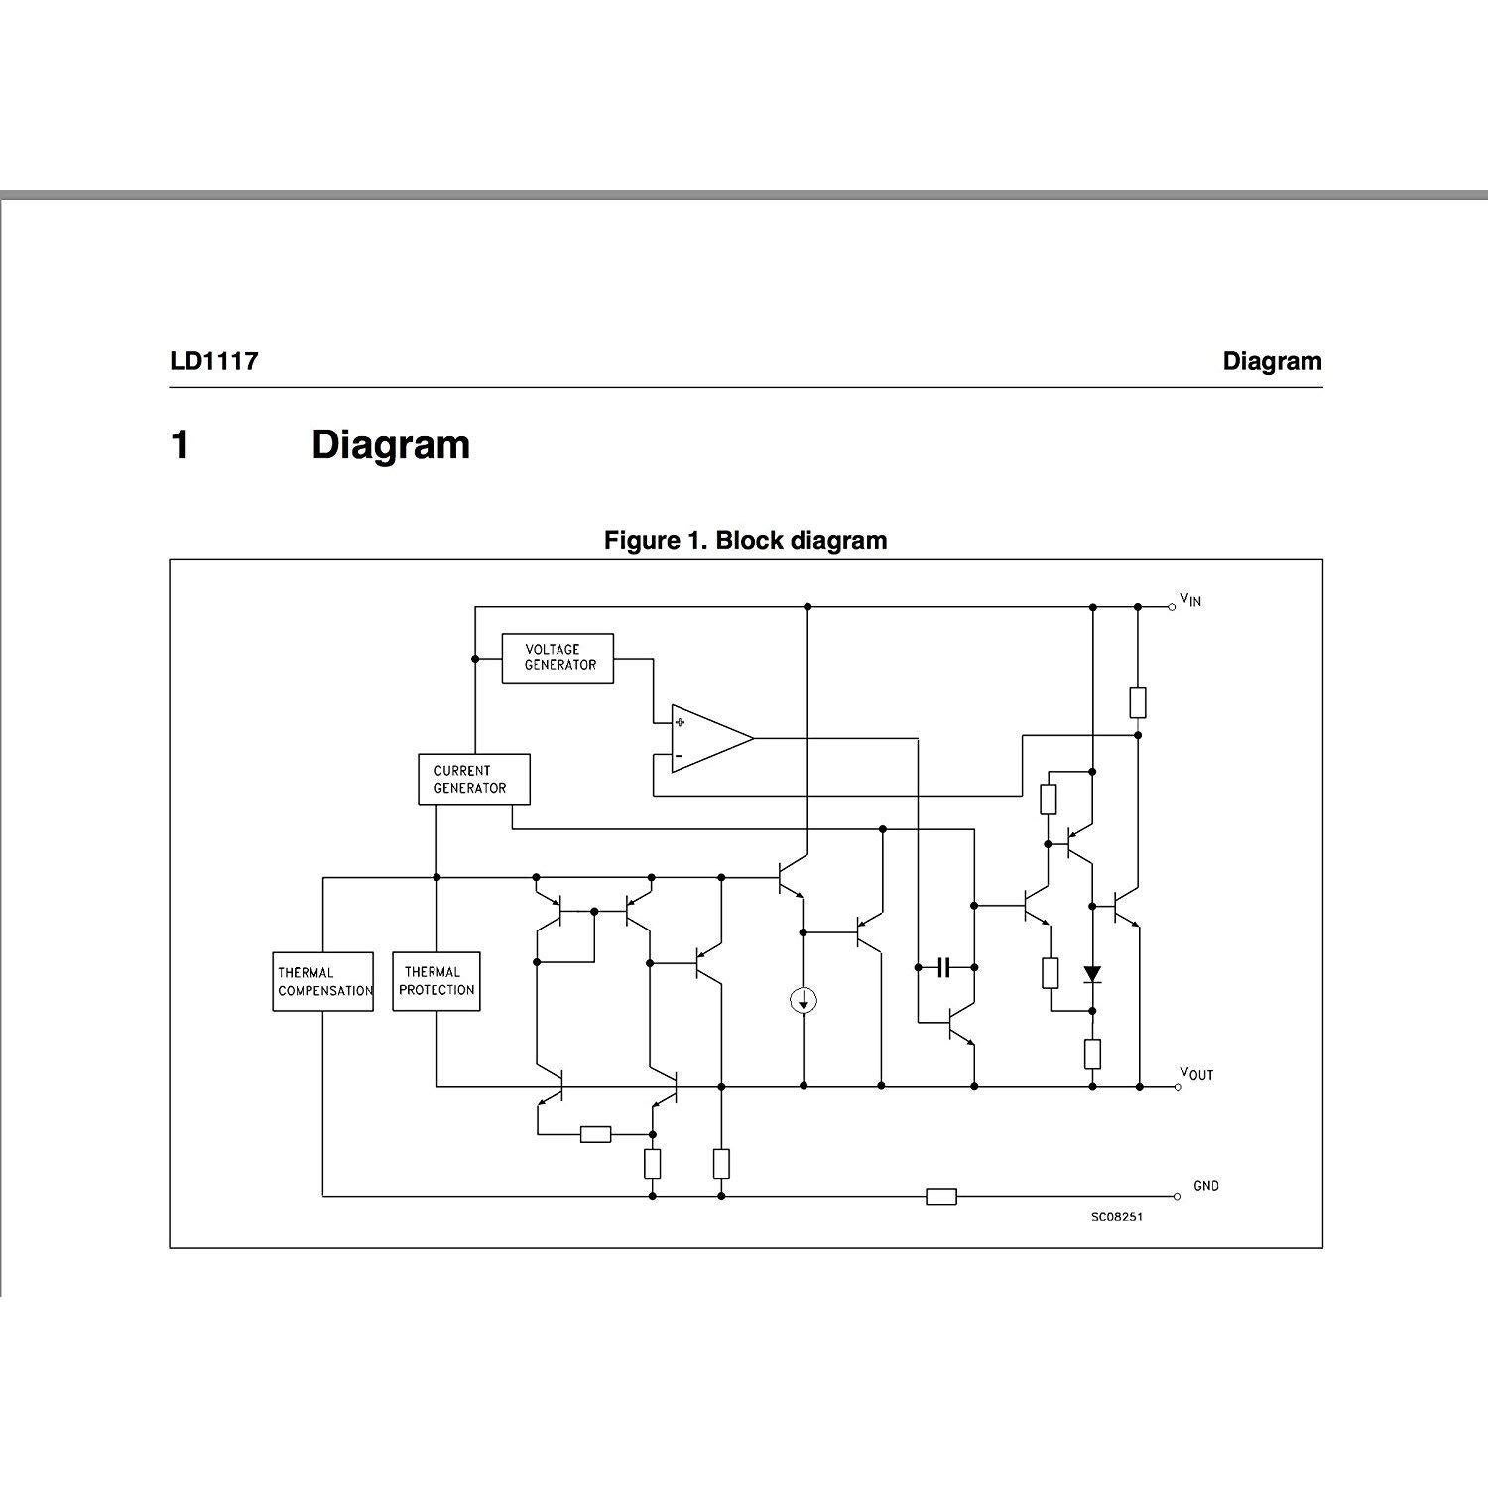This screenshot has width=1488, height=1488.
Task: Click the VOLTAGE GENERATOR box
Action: tap(557, 659)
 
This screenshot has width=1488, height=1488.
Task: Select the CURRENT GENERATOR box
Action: tap(473, 779)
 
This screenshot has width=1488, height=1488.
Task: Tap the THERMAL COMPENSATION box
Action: tap(323, 982)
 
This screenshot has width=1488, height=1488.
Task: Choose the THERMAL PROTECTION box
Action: tap(436, 982)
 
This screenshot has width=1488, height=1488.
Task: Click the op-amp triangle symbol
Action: tap(706, 738)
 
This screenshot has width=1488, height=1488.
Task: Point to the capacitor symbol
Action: tap(943, 966)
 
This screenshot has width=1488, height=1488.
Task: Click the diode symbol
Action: tap(1092, 974)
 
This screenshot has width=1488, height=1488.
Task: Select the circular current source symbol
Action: tap(803, 1001)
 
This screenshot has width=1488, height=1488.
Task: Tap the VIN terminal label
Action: tap(1190, 600)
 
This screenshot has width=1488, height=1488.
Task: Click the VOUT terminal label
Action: tap(1196, 1075)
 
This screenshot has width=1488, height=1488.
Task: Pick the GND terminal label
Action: tap(1205, 1186)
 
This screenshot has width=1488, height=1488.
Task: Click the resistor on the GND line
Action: tap(940, 1197)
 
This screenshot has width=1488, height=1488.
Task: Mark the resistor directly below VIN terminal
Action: tap(1138, 702)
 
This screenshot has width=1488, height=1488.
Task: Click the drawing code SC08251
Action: tap(1116, 1217)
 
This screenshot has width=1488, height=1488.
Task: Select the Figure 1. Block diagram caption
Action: tap(745, 541)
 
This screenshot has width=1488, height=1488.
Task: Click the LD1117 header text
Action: tap(214, 361)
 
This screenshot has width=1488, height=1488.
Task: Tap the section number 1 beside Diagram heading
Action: tap(180, 445)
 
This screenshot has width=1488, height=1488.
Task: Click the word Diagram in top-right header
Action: tap(1272, 361)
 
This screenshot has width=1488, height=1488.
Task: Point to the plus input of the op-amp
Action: tap(680, 722)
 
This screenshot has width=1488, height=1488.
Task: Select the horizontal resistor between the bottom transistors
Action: tap(595, 1134)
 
